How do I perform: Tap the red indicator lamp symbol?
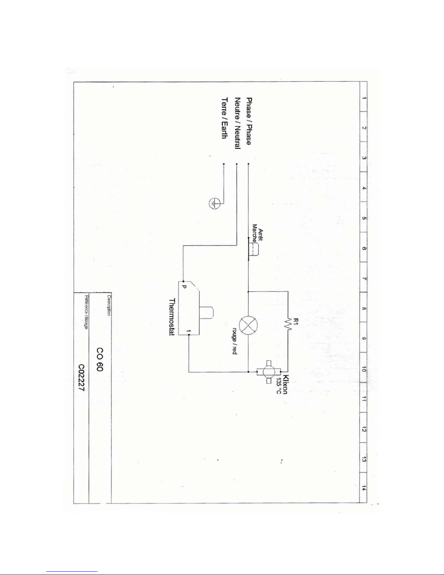249,324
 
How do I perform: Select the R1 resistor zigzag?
289,324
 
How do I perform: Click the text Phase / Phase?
249,121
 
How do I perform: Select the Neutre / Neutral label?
237,123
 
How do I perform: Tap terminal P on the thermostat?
184,287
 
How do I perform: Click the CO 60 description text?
100,360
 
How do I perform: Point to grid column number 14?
364,488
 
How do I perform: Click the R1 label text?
295,321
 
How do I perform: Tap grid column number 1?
364,98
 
